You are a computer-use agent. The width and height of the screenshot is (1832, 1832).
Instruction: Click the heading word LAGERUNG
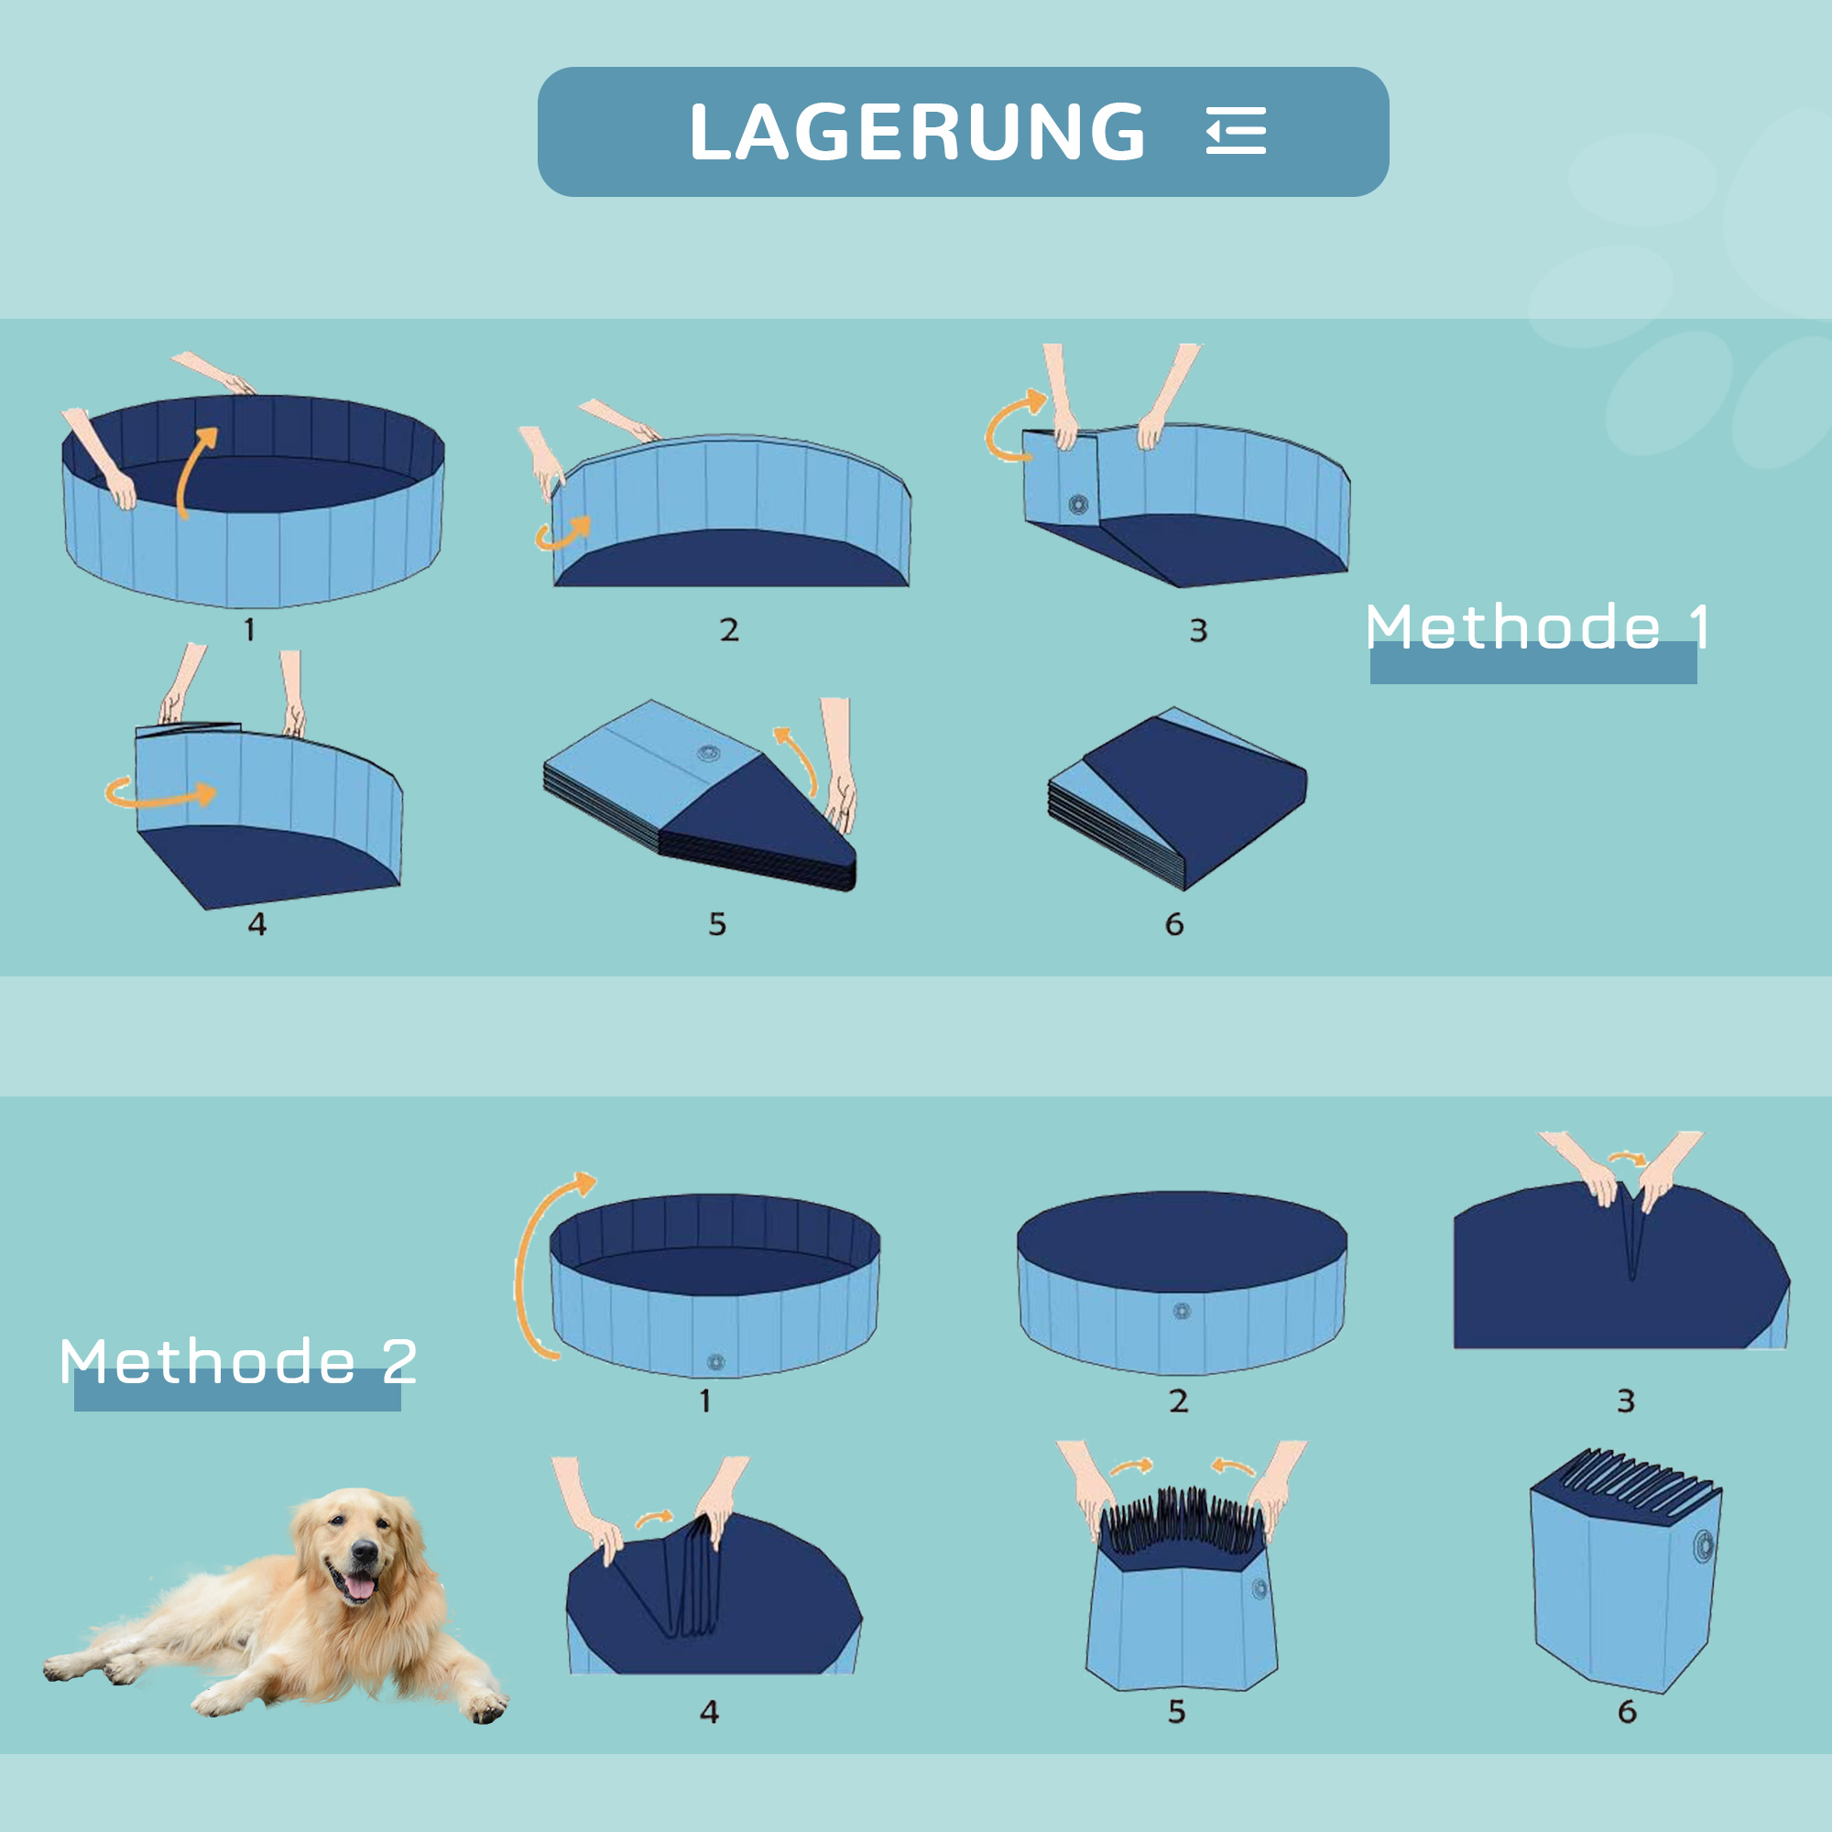point(917,132)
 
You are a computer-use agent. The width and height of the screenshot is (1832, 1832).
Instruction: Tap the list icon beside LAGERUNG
point(1236,131)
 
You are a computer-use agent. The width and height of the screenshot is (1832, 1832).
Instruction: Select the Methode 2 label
point(238,1363)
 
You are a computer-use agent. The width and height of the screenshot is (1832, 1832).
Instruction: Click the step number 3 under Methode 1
point(1198,630)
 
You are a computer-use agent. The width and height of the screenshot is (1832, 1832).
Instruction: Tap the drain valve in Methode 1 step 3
point(1078,504)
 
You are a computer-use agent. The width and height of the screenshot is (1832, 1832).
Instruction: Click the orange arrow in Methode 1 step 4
point(160,792)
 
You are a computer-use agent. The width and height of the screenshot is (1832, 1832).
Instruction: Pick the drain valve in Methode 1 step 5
point(708,754)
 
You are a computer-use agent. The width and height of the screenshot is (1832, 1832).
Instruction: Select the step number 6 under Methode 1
point(1174,924)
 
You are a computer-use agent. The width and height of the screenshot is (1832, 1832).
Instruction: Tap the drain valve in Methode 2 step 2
point(1182,1312)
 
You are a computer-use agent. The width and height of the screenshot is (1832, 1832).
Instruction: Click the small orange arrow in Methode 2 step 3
point(1628,1159)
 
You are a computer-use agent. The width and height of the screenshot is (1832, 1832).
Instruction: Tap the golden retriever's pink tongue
point(359,1587)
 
